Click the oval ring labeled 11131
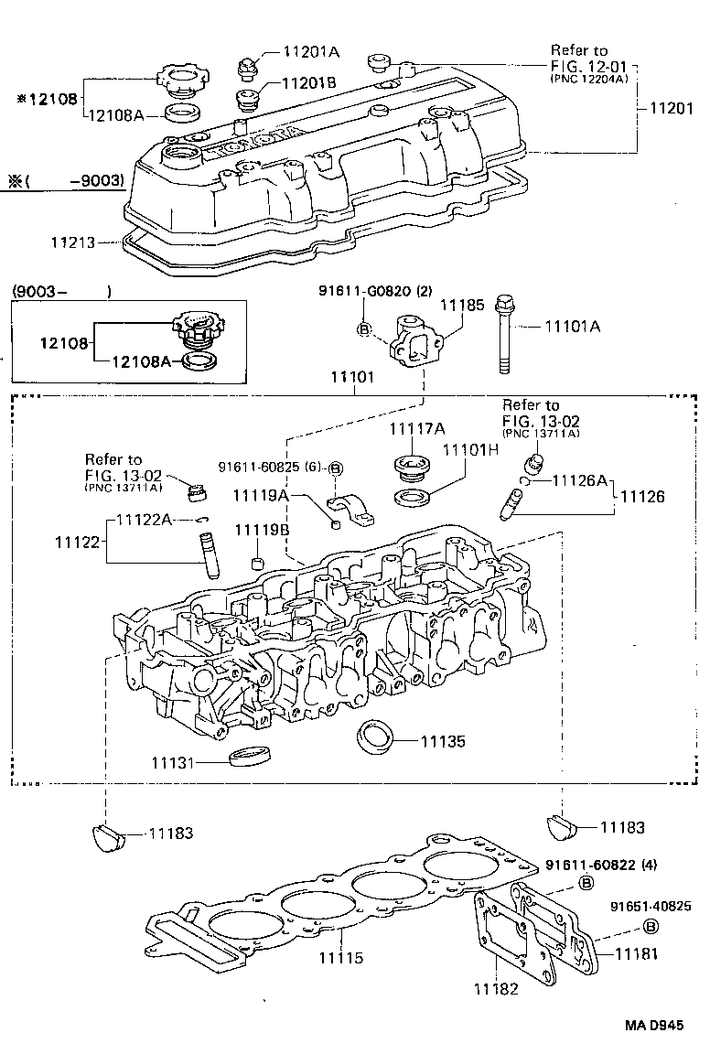tap(250, 758)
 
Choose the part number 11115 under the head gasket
tap(341, 958)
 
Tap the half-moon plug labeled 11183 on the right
tap(560, 826)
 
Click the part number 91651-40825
tap(651, 906)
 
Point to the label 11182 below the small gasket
tap(497, 988)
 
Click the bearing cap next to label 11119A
tap(351, 511)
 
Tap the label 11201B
tap(308, 82)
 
